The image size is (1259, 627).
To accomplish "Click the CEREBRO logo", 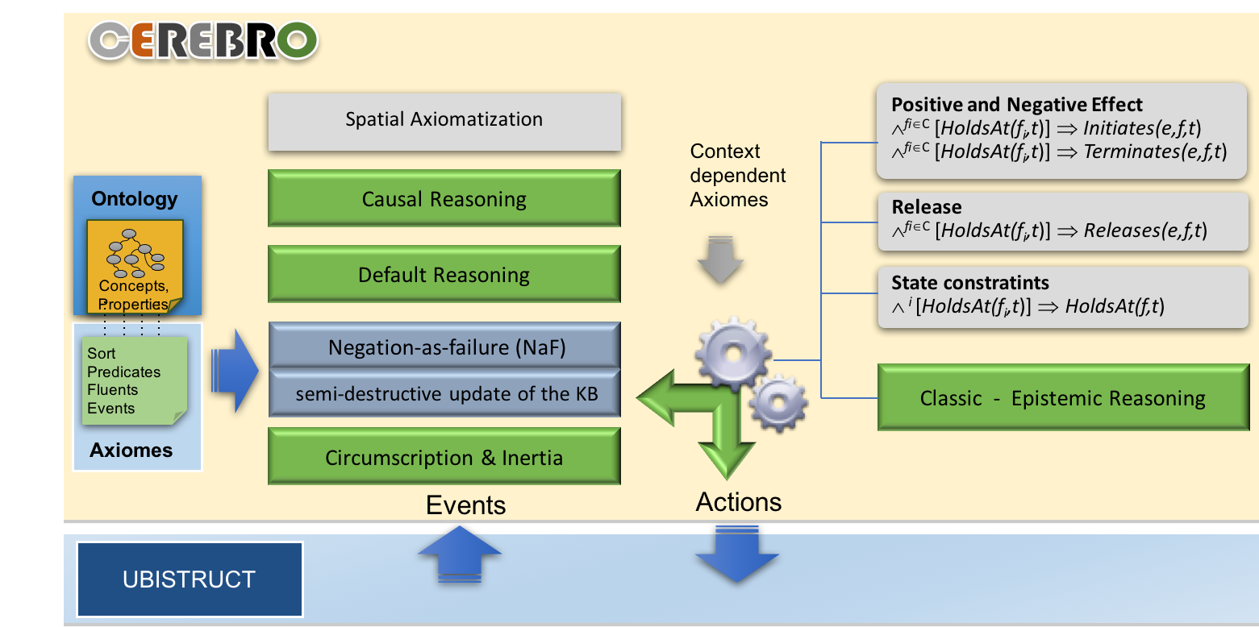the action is coord(203,40).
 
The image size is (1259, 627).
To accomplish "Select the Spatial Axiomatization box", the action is coord(444,122).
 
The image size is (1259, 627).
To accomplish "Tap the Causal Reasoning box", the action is coord(444,198).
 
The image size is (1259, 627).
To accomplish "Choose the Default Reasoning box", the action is coord(444,274).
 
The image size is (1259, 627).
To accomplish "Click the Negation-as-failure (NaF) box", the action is coord(444,346).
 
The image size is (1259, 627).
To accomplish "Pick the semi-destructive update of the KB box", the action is coord(444,393).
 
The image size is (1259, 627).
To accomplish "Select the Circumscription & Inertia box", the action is coord(444,456).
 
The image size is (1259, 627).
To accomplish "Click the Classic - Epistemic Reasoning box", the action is coord(1063,397).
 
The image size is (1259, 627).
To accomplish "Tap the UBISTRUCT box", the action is coord(190,579).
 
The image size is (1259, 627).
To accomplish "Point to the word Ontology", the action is coord(135,199).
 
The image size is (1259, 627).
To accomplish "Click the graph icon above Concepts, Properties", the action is coord(135,253).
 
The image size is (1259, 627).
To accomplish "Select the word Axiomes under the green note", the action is coord(131,450).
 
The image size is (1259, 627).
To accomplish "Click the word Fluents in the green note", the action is coord(112,390).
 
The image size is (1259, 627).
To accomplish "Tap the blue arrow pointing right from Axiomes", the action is coord(235,371).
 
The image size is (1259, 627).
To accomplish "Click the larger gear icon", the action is coord(733,354).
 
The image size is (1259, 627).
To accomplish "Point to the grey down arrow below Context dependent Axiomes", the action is coord(720,260).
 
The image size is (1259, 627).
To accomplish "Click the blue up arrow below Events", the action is coord(460,554).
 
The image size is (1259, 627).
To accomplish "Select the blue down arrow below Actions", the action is coord(737,554).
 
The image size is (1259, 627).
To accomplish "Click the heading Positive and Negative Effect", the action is coord(1017,105).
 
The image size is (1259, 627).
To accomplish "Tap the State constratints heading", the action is coord(970,282).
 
